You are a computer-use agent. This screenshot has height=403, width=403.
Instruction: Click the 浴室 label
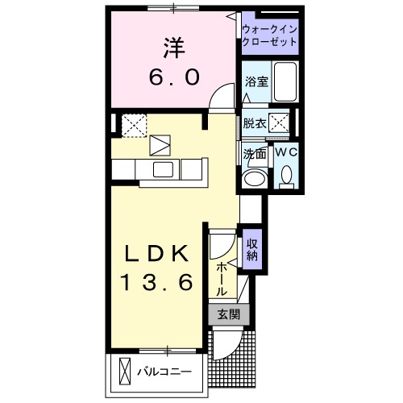point(256,81)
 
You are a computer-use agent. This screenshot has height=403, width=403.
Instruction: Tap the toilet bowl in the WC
point(286,175)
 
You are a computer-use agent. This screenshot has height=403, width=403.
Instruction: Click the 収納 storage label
point(253,250)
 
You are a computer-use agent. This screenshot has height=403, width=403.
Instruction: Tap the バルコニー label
point(164,372)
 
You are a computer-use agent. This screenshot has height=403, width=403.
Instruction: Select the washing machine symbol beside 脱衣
point(281,123)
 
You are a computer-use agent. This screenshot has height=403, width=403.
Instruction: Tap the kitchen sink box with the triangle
point(160,146)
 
